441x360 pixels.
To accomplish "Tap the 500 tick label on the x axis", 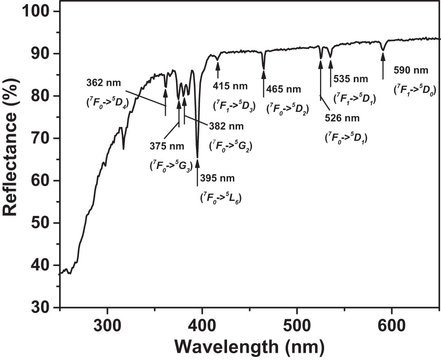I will point(297,325).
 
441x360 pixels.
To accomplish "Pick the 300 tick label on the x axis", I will point(107,325).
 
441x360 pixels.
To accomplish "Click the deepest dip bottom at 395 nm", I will point(197,156).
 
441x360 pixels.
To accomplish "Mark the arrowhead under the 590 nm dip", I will point(383,56).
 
